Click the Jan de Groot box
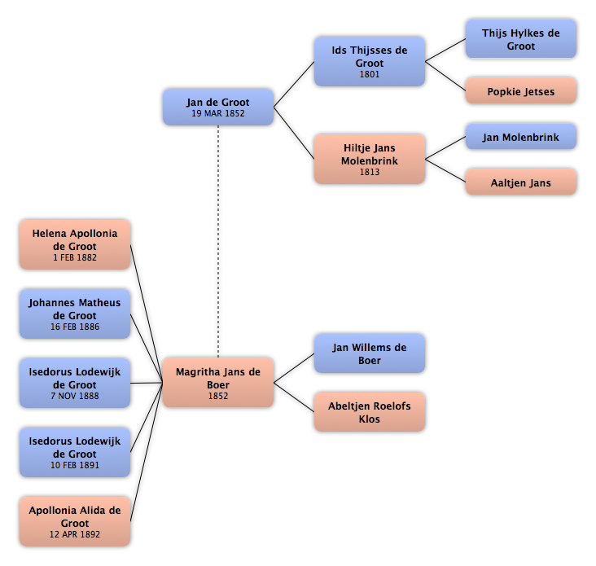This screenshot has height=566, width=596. (x=218, y=107)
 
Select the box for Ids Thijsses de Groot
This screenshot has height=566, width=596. (x=370, y=62)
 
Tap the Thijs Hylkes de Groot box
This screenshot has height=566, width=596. (x=521, y=39)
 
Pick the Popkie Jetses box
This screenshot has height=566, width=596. (x=521, y=91)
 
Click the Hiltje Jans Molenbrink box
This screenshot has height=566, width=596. (x=370, y=159)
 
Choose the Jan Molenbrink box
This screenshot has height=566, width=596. (x=521, y=137)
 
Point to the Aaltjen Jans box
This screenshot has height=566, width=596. (x=521, y=182)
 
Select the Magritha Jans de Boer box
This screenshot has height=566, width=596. (x=218, y=383)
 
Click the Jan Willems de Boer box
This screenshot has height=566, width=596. (x=370, y=353)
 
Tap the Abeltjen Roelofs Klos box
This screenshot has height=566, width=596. (x=370, y=412)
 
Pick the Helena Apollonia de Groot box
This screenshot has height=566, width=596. (x=75, y=245)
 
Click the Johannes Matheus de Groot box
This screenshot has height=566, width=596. (x=75, y=314)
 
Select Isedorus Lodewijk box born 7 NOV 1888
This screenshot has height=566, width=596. (x=75, y=383)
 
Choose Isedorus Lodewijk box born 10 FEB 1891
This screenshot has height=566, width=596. (x=75, y=452)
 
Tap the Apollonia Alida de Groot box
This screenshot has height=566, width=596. (x=75, y=521)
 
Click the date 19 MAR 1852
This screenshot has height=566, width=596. (x=218, y=113)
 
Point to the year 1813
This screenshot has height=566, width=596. (x=370, y=172)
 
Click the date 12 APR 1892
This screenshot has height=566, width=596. (x=75, y=534)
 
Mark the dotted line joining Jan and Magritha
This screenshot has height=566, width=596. (x=218, y=241)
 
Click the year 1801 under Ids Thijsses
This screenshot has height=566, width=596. (x=370, y=74)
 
